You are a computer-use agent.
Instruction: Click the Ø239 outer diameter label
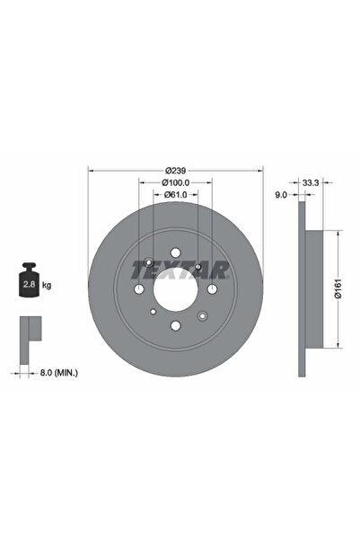click(x=175, y=171)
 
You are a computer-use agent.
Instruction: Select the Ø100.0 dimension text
click(x=175, y=186)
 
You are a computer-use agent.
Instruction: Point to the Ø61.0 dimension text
click(x=175, y=200)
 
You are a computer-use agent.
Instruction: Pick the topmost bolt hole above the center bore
click(x=176, y=252)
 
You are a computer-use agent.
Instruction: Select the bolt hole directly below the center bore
click(x=176, y=326)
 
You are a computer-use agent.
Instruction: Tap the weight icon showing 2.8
click(x=28, y=281)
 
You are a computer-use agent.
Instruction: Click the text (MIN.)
click(x=65, y=371)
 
